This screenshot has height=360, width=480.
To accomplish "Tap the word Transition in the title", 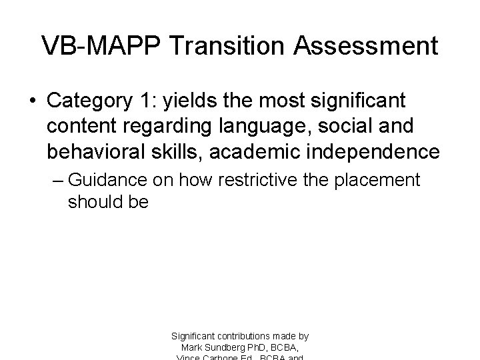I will tap(219, 46).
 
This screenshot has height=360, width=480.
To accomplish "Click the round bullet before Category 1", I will tap(32, 103).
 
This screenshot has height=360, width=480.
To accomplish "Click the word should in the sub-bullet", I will tap(91, 202).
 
